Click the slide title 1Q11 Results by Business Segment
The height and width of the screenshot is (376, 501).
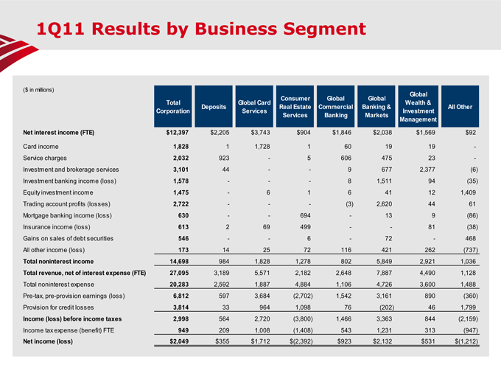pos(201,29)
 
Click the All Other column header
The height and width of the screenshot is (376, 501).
pos(460,107)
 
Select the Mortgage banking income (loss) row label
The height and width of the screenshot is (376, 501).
pos(67,215)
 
